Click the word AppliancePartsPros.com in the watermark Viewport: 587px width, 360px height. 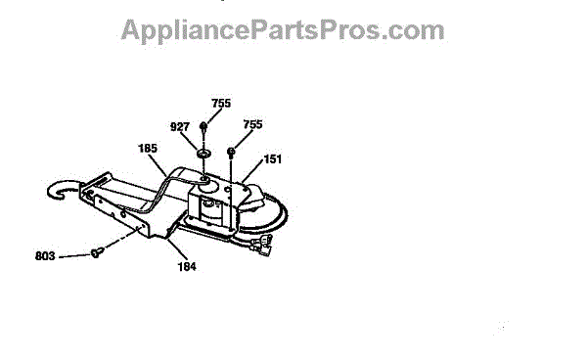pyautogui.click(x=283, y=30)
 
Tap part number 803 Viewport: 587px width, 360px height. pyautogui.click(x=45, y=256)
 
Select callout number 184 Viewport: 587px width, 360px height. pyautogui.click(x=187, y=266)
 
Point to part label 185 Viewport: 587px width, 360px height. pyautogui.click(x=148, y=148)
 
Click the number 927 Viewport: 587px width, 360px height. pyautogui.click(x=180, y=127)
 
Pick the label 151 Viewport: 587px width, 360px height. pyautogui.click(x=273, y=159)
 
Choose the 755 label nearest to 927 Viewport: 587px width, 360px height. pyautogui.click(x=221, y=103)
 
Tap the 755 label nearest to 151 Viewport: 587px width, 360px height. pyautogui.click(x=252, y=124)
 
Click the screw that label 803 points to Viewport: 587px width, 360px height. pyautogui.click(x=97, y=252)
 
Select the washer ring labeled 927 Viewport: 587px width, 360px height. pyautogui.click(x=203, y=154)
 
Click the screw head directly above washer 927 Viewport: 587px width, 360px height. pyautogui.click(x=203, y=126)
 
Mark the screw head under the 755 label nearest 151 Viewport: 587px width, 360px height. pyautogui.click(x=231, y=151)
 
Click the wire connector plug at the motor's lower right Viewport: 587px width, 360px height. pyautogui.click(x=261, y=244)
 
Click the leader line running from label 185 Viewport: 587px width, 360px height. pyautogui.click(x=158, y=165)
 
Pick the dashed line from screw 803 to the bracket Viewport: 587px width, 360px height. pyautogui.click(x=121, y=238)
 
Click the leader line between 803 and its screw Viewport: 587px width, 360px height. pyautogui.click(x=74, y=256)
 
